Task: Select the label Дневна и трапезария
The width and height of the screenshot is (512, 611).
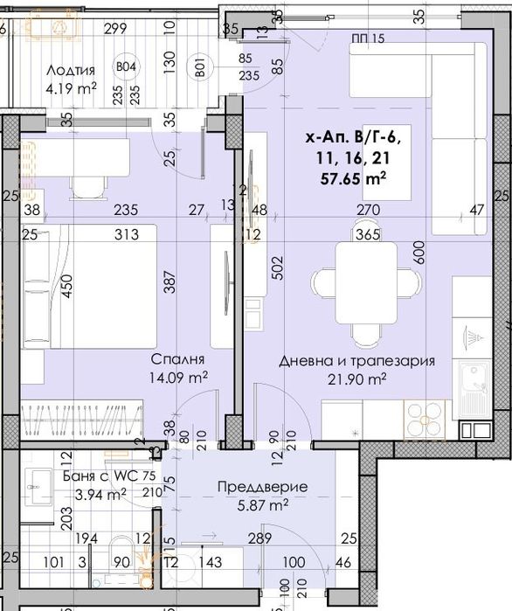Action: [356, 361]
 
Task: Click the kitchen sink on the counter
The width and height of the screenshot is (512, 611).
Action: [475, 385]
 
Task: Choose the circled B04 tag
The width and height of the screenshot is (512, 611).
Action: [126, 66]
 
